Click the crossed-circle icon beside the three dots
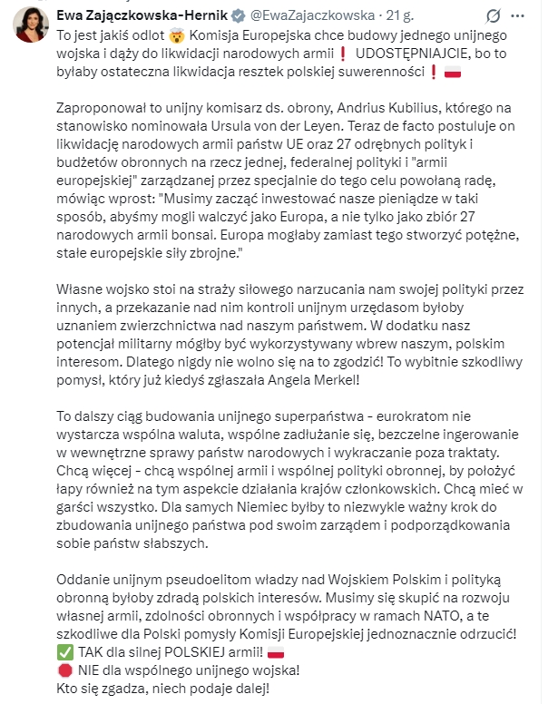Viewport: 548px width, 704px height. (493, 16)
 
